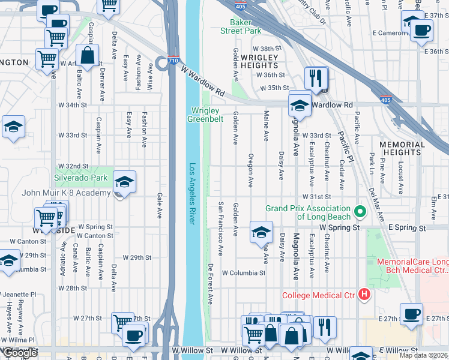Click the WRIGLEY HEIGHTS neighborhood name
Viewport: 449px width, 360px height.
click(x=259, y=61)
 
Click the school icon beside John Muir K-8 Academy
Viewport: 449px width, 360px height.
click(x=124, y=182)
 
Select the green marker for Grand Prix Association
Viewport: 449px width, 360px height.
click(x=360, y=211)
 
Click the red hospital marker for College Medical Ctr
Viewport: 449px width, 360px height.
click(x=364, y=294)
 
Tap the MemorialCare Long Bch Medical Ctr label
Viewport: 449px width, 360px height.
click(x=412, y=266)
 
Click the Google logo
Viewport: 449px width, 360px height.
click(x=20, y=353)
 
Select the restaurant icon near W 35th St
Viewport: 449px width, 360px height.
click(x=316, y=77)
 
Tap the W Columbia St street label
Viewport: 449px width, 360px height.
click(x=243, y=272)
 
